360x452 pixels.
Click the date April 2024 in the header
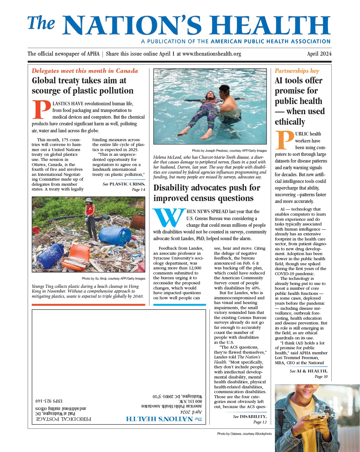pyautogui.click(x=319, y=54)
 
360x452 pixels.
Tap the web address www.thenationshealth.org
pyautogui.click(x=212, y=54)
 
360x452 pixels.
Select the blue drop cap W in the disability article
pyautogui.click(x=169, y=218)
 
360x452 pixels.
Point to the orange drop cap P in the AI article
pyautogui.click(x=284, y=140)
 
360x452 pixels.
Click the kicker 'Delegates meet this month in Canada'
pyautogui.click(x=85, y=71)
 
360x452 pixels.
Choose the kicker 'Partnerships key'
pyautogui.click(x=297, y=71)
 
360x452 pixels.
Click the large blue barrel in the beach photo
pyautogui.click(x=115, y=236)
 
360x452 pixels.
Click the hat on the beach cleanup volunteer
pyautogui.click(x=89, y=200)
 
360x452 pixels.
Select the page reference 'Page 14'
pyautogui.click(x=138, y=190)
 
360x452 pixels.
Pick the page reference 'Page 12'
pyautogui.click(x=260, y=422)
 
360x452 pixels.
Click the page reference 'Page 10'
pyautogui.click(x=321, y=377)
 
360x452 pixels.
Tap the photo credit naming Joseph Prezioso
pyautogui.click(x=229, y=150)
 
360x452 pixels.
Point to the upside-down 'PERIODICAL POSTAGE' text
pyautogui.click(x=63, y=419)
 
